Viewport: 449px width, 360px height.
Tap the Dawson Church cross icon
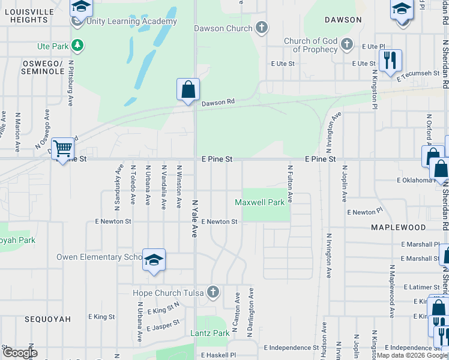[x=261, y=28]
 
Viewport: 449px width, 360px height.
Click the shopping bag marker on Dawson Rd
[x=188, y=90]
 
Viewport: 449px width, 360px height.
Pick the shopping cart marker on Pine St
[x=62, y=149]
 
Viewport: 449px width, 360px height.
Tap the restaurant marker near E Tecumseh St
[x=390, y=61]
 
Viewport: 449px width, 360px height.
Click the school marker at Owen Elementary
[x=154, y=260]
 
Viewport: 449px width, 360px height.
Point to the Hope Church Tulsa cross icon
[x=212, y=293]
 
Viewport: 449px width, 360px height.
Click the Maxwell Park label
[x=259, y=202]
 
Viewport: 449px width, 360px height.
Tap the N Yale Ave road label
[x=194, y=218]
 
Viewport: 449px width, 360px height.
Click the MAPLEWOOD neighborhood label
[x=398, y=227]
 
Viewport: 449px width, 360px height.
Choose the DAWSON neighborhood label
[x=343, y=20]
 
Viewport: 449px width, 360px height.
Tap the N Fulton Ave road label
[x=290, y=184]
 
